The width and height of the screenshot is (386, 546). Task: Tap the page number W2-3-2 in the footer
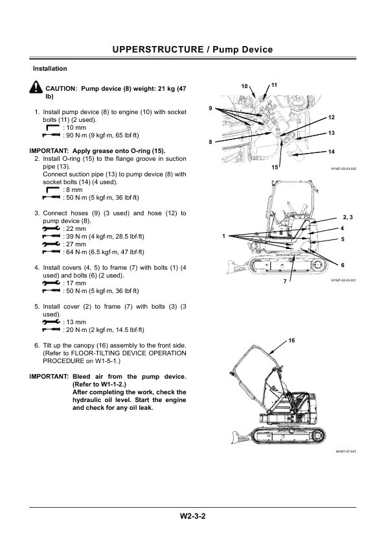point(192,516)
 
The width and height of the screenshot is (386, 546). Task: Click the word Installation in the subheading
point(50,68)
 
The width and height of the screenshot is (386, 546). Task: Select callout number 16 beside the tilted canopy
point(291,340)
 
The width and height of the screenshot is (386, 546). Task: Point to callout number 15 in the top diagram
point(275,167)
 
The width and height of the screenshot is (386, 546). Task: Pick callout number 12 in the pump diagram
point(331,117)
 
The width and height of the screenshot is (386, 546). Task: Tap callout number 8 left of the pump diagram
point(210,141)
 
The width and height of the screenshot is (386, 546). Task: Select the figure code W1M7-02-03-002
point(343,169)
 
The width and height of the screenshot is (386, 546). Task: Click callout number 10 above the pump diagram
point(244,86)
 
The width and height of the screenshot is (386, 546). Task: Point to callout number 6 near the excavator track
point(343,266)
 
